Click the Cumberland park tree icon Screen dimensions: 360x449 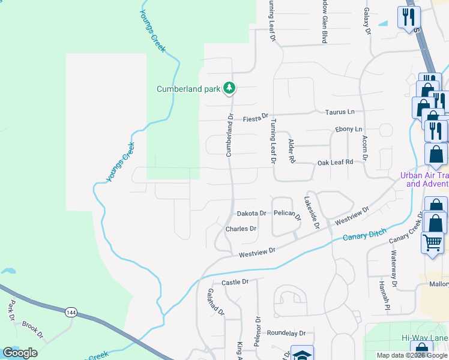tap(229, 89)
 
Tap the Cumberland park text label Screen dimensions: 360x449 tap(188, 89)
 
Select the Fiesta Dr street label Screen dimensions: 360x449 tap(255, 119)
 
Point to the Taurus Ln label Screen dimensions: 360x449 tap(340, 112)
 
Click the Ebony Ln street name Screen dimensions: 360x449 tap(349, 129)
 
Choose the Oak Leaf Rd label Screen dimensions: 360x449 tap(335, 162)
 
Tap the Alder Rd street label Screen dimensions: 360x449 tap(292, 151)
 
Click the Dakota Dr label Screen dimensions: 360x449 tap(251, 213)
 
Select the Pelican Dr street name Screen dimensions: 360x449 tap(287, 214)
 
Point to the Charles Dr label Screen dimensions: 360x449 tap(241, 229)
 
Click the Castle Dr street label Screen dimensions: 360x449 tap(235, 282)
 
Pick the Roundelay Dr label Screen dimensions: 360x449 tap(286, 333)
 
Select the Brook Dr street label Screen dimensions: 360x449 tap(32, 330)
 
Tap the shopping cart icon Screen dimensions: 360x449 tap(432, 243)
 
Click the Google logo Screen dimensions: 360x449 tap(20, 353)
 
